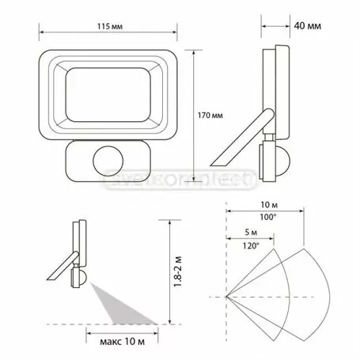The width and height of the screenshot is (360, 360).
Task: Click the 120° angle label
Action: pos(251,246)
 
